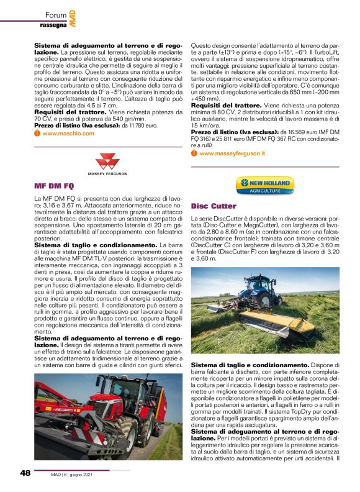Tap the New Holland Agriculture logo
pos(264,184)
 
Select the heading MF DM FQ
pos(55,186)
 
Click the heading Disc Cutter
pos(214,206)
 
